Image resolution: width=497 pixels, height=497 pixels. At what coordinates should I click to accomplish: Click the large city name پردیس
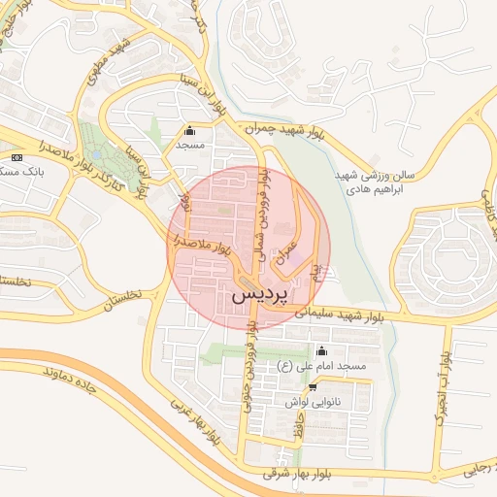pos(261,293)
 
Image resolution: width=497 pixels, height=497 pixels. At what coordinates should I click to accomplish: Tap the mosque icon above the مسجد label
pos(188,131)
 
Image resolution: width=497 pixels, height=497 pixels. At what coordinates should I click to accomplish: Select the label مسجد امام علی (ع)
pos(320,366)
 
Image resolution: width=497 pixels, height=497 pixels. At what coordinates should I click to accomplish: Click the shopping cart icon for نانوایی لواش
pos(312,386)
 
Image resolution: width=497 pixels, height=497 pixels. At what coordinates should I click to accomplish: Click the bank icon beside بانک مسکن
pos(17,157)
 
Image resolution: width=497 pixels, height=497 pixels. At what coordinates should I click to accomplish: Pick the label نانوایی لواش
pos(310,401)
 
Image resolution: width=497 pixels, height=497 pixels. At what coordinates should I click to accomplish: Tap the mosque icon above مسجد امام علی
pos(322,351)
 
